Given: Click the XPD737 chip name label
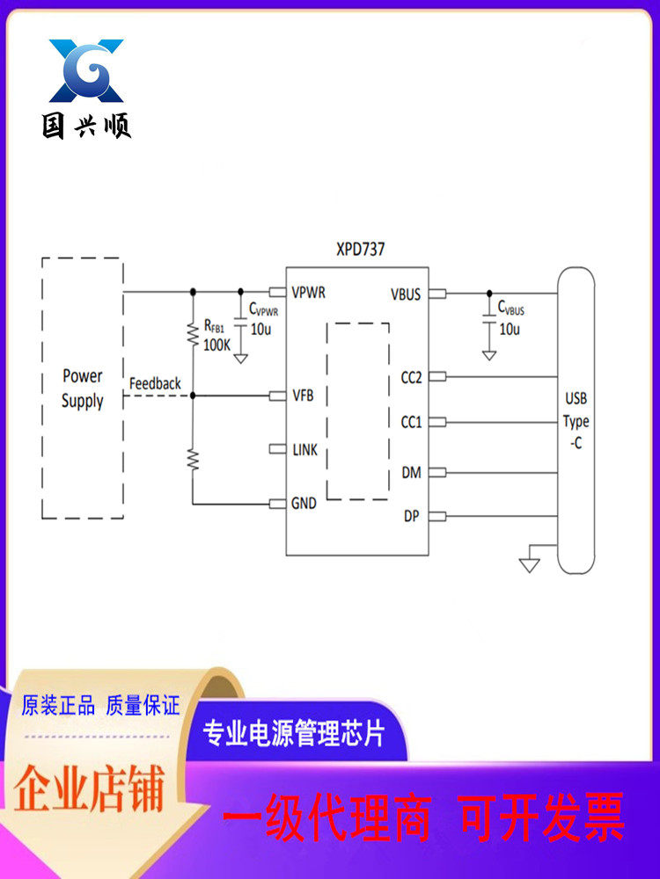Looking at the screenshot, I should coord(360,250).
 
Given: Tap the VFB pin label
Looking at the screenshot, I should coord(303,395).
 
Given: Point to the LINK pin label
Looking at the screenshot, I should coord(305,450).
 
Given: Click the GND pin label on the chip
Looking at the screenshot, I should coord(304,504).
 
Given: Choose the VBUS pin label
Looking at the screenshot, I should coord(406,294).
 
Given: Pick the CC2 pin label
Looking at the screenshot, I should coord(411,377).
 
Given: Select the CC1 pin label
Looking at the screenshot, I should coord(411,423).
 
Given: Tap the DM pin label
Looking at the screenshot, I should coord(411,473).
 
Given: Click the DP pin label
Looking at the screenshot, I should coord(411,516).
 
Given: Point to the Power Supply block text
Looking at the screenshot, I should coord(82,389).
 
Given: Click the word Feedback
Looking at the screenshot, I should coord(155,384).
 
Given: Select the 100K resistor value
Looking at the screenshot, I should coord(216,345).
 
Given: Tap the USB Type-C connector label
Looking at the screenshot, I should coord(576,421).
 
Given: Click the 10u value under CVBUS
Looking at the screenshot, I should coord(509,330).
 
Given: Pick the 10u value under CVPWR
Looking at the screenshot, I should coord(260,330).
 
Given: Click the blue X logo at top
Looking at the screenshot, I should coord(86,70).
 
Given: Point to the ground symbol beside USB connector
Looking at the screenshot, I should coord(529,563).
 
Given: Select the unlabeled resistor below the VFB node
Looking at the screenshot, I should coord(194,460).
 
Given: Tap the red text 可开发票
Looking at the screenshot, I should coord(542,817).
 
